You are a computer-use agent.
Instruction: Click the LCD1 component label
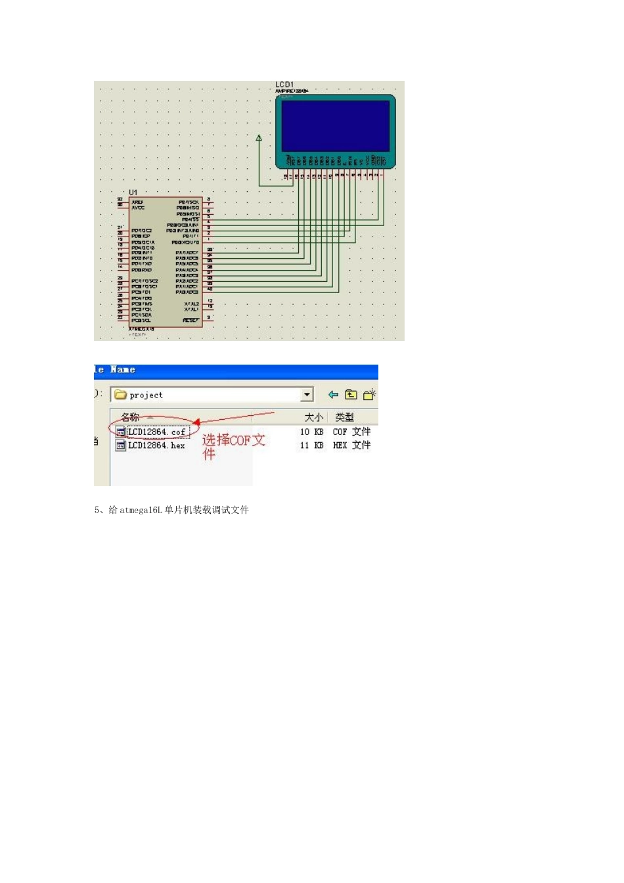pyautogui.click(x=284, y=85)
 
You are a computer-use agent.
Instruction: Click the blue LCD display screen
pyautogui.click(x=335, y=125)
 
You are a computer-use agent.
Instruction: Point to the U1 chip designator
pyautogui.click(x=133, y=192)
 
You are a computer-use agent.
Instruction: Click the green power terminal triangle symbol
pyautogui.click(x=259, y=138)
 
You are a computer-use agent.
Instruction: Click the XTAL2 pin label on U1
pyautogui.click(x=191, y=304)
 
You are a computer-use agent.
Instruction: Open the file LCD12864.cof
pyautogui.click(x=156, y=432)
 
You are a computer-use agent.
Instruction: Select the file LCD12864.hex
pyautogui.click(x=156, y=445)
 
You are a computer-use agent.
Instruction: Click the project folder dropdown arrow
pyautogui.click(x=307, y=395)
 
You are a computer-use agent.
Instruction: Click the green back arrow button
pyautogui.click(x=333, y=395)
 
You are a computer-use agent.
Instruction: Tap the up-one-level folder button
pyautogui.click(x=351, y=395)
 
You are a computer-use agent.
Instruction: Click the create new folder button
pyautogui.click(x=369, y=395)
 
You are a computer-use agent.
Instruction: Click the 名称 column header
pyautogui.click(x=130, y=417)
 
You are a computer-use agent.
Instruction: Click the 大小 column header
pyautogui.click(x=313, y=417)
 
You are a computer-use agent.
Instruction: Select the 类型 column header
pyautogui.click(x=344, y=417)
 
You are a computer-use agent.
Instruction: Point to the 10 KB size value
pyautogui.click(x=311, y=432)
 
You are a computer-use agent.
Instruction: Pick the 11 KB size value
pyautogui.click(x=311, y=445)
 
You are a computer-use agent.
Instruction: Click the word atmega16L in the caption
pyautogui.click(x=141, y=510)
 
